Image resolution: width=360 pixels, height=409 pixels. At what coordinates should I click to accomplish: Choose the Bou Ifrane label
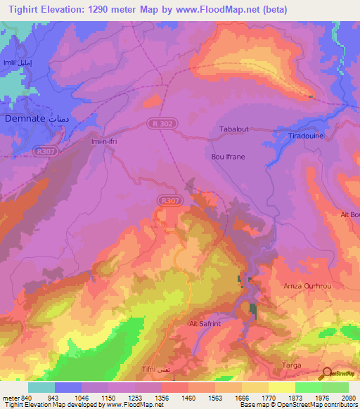point(229,157)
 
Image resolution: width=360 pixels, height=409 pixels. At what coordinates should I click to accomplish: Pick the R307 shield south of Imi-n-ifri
point(167,201)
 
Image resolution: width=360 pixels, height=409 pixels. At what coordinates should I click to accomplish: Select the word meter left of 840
point(10,397)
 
